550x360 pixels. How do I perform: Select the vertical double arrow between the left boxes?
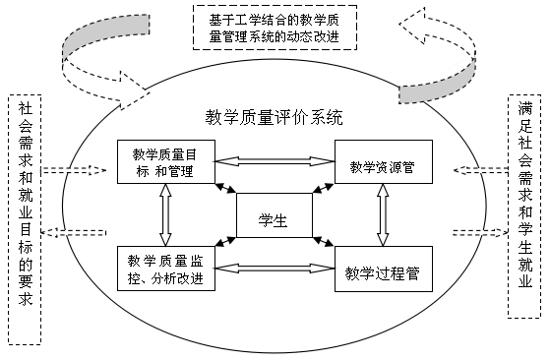click(x=165, y=214)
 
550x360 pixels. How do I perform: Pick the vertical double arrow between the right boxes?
click(x=382, y=214)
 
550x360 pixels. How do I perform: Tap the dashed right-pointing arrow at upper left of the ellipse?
click(x=75, y=171)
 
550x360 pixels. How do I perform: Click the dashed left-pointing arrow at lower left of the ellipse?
click(x=75, y=233)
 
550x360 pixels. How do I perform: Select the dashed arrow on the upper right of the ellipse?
click(x=480, y=171)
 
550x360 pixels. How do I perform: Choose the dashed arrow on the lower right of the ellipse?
click(x=480, y=233)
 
